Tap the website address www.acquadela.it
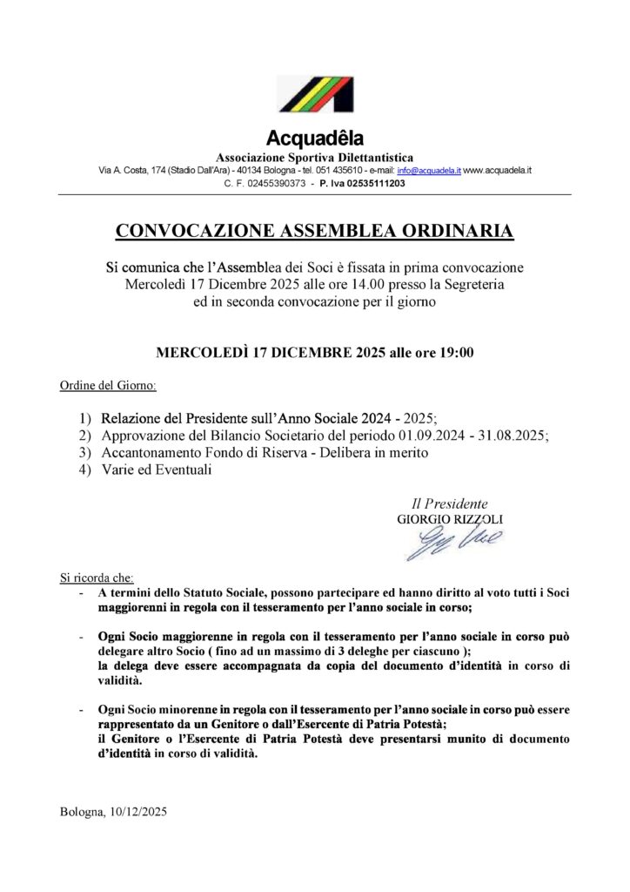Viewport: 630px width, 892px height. click(x=498, y=171)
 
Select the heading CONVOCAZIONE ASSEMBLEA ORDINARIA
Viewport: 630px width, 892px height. click(x=315, y=231)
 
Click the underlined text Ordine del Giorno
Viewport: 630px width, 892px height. click(x=108, y=385)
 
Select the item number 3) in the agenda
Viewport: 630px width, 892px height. click(x=84, y=452)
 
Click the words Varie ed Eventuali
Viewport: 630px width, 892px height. click(x=157, y=470)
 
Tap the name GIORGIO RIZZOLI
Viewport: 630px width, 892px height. click(x=450, y=519)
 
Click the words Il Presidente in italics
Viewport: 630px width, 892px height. click(x=449, y=503)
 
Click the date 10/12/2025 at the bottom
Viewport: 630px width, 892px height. click(x=139, y=812)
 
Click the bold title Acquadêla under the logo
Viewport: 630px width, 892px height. click(x=315, y=138)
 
